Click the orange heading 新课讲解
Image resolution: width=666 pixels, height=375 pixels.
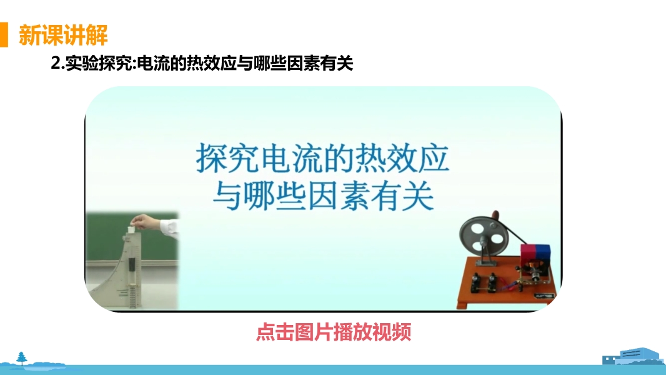(x=63, y=35)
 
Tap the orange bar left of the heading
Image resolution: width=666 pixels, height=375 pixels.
(x=4, y=34)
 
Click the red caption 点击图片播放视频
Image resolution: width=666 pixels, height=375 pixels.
(x=334, y=332)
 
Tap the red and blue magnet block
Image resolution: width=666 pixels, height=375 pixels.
(x=535, y=254)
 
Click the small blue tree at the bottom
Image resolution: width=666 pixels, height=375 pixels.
(x=21, y=358)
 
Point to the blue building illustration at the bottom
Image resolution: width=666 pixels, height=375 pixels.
(x=633, y=356)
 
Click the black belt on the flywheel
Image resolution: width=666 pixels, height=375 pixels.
(x=510, y=231)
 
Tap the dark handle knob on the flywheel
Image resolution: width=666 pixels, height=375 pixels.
(x=495, y=214)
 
